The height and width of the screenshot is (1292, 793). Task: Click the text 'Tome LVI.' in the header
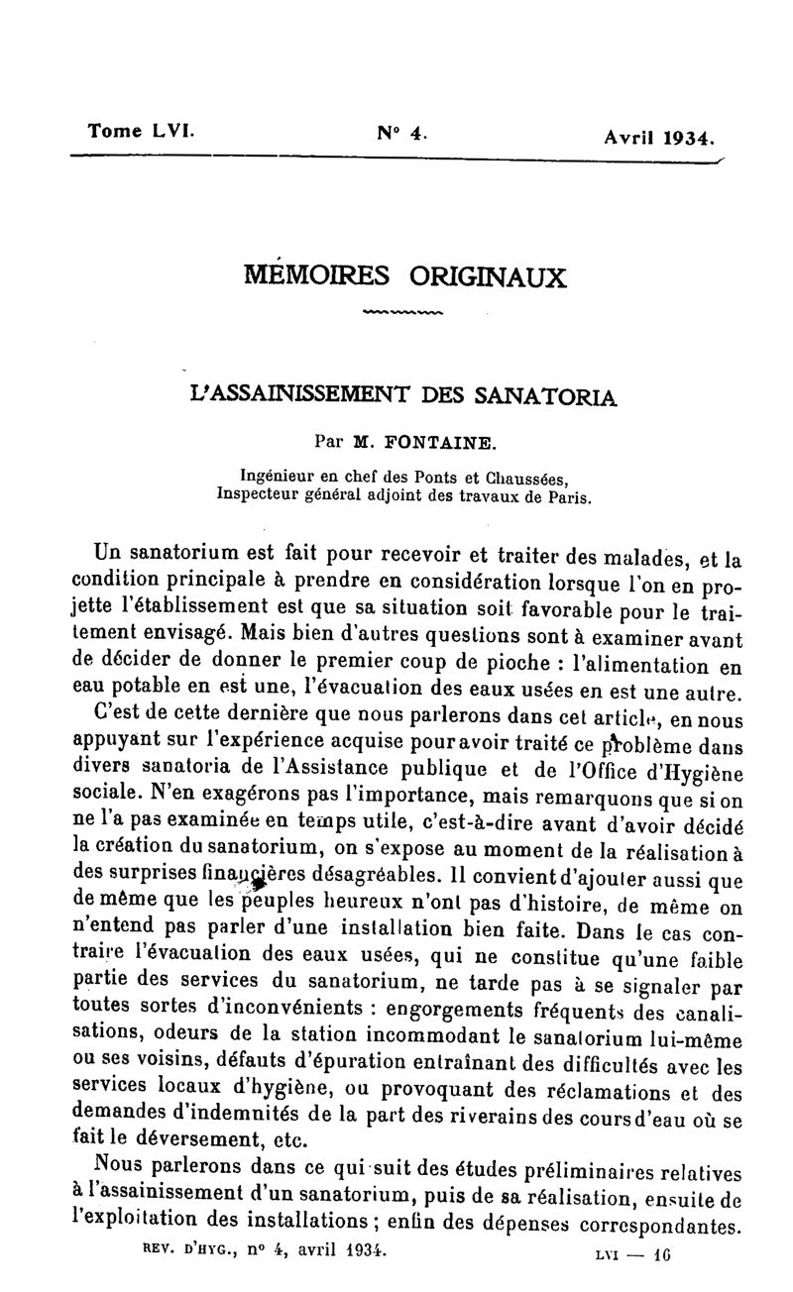[x=142, y=130]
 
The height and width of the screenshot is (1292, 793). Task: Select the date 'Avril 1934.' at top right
[x=659, y=139]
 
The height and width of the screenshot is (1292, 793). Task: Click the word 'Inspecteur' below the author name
[x=261, y=495]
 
